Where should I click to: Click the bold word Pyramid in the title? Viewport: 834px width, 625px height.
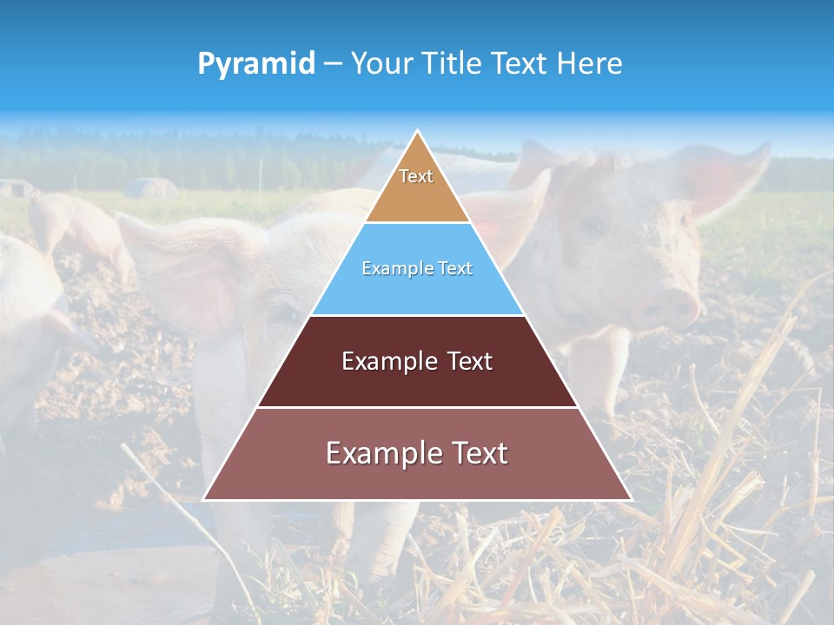coord(255,64)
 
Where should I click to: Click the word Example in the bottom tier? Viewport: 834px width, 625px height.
coord(377,453)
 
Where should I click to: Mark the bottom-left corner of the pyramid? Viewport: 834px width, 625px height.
coord(204,499)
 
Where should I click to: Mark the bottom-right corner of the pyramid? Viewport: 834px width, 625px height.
coord(631,499)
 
